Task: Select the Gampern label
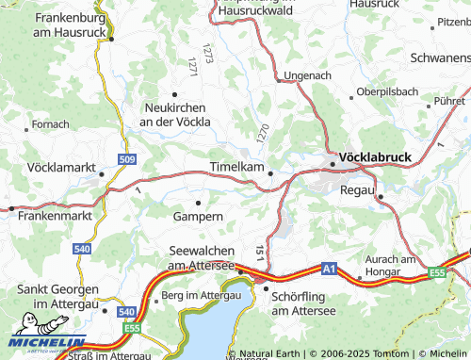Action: click(x=198, y=217)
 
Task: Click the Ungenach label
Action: click(x=308, y=74)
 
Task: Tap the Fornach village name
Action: click(x=49, y=123)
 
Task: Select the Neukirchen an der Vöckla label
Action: click(x=174, y=114)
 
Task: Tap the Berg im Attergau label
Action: click(x=202, y=295)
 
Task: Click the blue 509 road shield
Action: click(x=126, y=159)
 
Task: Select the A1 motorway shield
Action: click(x=328, y=270)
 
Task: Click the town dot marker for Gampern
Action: click(x=198, y=203)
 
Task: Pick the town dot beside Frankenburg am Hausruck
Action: click(x=111, y=40)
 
